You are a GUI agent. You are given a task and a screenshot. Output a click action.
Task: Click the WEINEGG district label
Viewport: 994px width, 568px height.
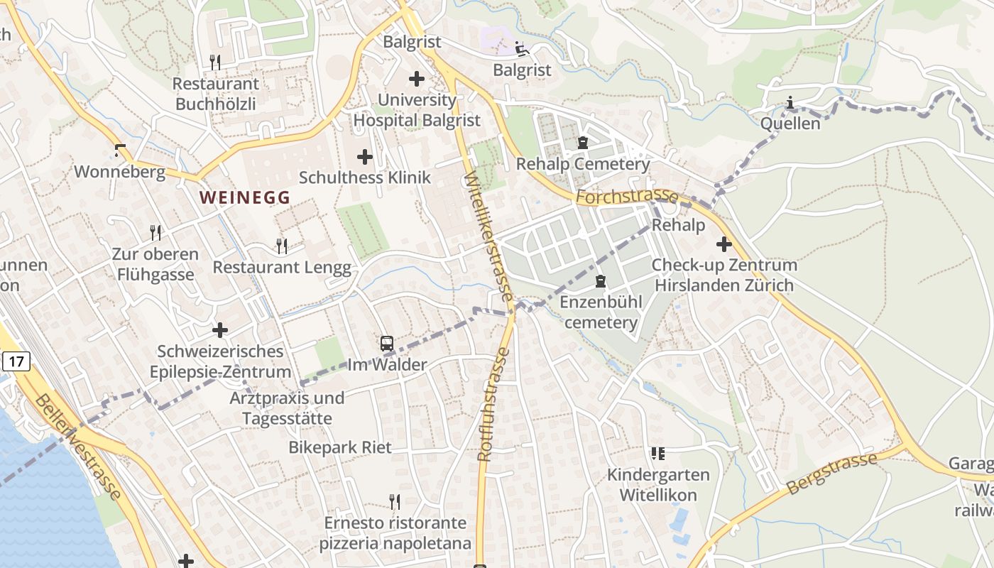pos(245,197)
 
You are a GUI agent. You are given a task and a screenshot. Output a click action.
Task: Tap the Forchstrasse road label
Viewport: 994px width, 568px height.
pos(627,196)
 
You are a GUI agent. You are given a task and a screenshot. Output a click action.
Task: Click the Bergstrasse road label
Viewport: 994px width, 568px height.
pos(832,473)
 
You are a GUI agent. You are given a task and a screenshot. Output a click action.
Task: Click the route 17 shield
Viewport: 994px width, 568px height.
pos(17,361)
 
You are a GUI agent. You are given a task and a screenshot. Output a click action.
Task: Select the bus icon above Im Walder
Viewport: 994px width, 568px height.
pos(386,344)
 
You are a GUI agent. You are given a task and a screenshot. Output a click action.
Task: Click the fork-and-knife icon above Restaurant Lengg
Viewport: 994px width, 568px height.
pos(282,246)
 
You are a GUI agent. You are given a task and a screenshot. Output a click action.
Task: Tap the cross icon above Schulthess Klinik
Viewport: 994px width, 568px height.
pos(364,156)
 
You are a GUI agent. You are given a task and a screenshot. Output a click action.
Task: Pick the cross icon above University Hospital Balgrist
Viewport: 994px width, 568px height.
pos(417,79)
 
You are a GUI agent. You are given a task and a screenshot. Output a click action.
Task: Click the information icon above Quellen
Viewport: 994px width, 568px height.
pos(790,104)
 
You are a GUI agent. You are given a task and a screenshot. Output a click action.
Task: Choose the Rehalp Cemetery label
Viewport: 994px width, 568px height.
pos(582,164)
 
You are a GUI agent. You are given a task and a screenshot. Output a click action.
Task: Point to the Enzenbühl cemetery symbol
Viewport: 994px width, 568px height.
pos(601,282)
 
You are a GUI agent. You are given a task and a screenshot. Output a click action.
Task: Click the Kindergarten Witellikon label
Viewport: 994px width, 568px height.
pos(658,485)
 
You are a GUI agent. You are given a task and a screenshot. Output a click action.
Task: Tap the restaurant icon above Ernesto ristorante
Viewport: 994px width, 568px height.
pos(395,502)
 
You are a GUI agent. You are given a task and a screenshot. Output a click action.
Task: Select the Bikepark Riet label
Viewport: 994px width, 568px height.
pos(339,447)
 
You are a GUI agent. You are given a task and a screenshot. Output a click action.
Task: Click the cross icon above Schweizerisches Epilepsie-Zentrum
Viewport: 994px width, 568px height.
pos(220,330)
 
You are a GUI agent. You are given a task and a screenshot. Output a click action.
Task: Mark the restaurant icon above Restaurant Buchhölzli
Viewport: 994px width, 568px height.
pos(216,62)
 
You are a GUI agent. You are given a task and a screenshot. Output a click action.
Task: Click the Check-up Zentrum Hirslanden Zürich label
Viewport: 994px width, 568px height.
pos(723,275)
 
